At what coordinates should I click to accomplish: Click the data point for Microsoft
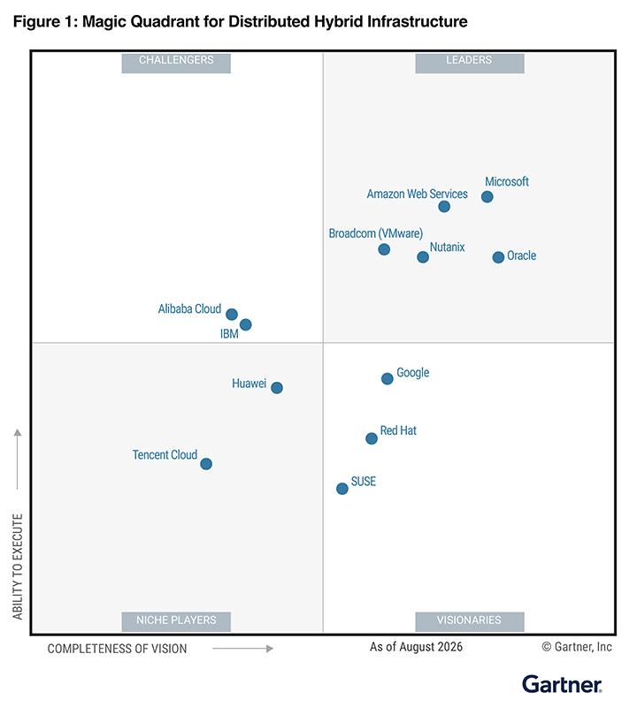[487, 196]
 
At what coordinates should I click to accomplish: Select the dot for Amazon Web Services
[444, 207]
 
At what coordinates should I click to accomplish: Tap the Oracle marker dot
[498, 257]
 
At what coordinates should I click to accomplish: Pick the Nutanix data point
[423, 257]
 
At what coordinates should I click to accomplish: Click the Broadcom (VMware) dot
[384, 249]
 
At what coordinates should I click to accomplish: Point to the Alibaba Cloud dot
[232, 315]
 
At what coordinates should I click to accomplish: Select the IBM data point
[246, 324]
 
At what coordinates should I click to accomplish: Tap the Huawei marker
[277, 388]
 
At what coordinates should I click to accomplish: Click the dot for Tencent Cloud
[206, 463]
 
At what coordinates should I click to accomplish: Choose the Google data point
[387, 379]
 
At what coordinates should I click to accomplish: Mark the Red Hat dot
[371, 438]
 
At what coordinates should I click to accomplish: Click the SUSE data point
[342, 489]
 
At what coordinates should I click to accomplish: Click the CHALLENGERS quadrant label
[176, 63]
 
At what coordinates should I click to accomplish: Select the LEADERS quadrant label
[470, 63]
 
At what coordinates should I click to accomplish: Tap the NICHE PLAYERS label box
[176, 621]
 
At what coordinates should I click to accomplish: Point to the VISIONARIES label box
[470, 621]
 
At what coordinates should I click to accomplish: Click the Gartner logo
[562, 684]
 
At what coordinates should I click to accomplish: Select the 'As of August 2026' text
[416, 647]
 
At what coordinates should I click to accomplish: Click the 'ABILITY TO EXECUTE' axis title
[18, 566]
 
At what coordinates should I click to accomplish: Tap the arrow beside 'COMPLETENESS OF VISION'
[243, 649]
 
